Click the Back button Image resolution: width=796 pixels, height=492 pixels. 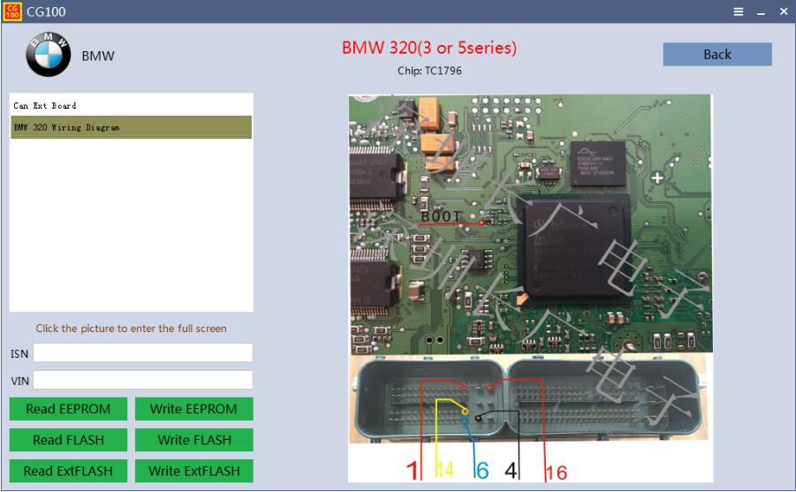tap(717, 54)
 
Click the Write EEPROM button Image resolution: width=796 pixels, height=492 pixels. tap(193, 409)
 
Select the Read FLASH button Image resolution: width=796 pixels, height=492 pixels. tap(68, 440)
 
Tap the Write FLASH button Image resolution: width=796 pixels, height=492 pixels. tap(193, 440)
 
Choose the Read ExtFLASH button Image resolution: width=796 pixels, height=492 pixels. tap(68, 471)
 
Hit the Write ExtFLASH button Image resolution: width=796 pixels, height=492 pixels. tap(193, 471)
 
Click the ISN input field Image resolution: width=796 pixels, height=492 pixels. tap(143, 352)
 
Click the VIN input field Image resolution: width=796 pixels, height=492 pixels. tap(143, 380)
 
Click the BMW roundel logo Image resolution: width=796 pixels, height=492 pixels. tap(49, 55)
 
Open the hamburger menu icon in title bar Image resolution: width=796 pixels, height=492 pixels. tap(739, 11)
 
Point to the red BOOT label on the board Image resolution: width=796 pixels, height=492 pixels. tap(440, 216)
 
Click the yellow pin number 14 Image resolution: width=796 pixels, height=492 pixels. tap(444, 471)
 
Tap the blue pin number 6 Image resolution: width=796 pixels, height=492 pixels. tap(481, 471)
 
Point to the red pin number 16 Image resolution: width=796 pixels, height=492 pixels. tap(556, 472)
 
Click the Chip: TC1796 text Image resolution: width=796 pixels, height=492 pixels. tap(429, 71)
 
